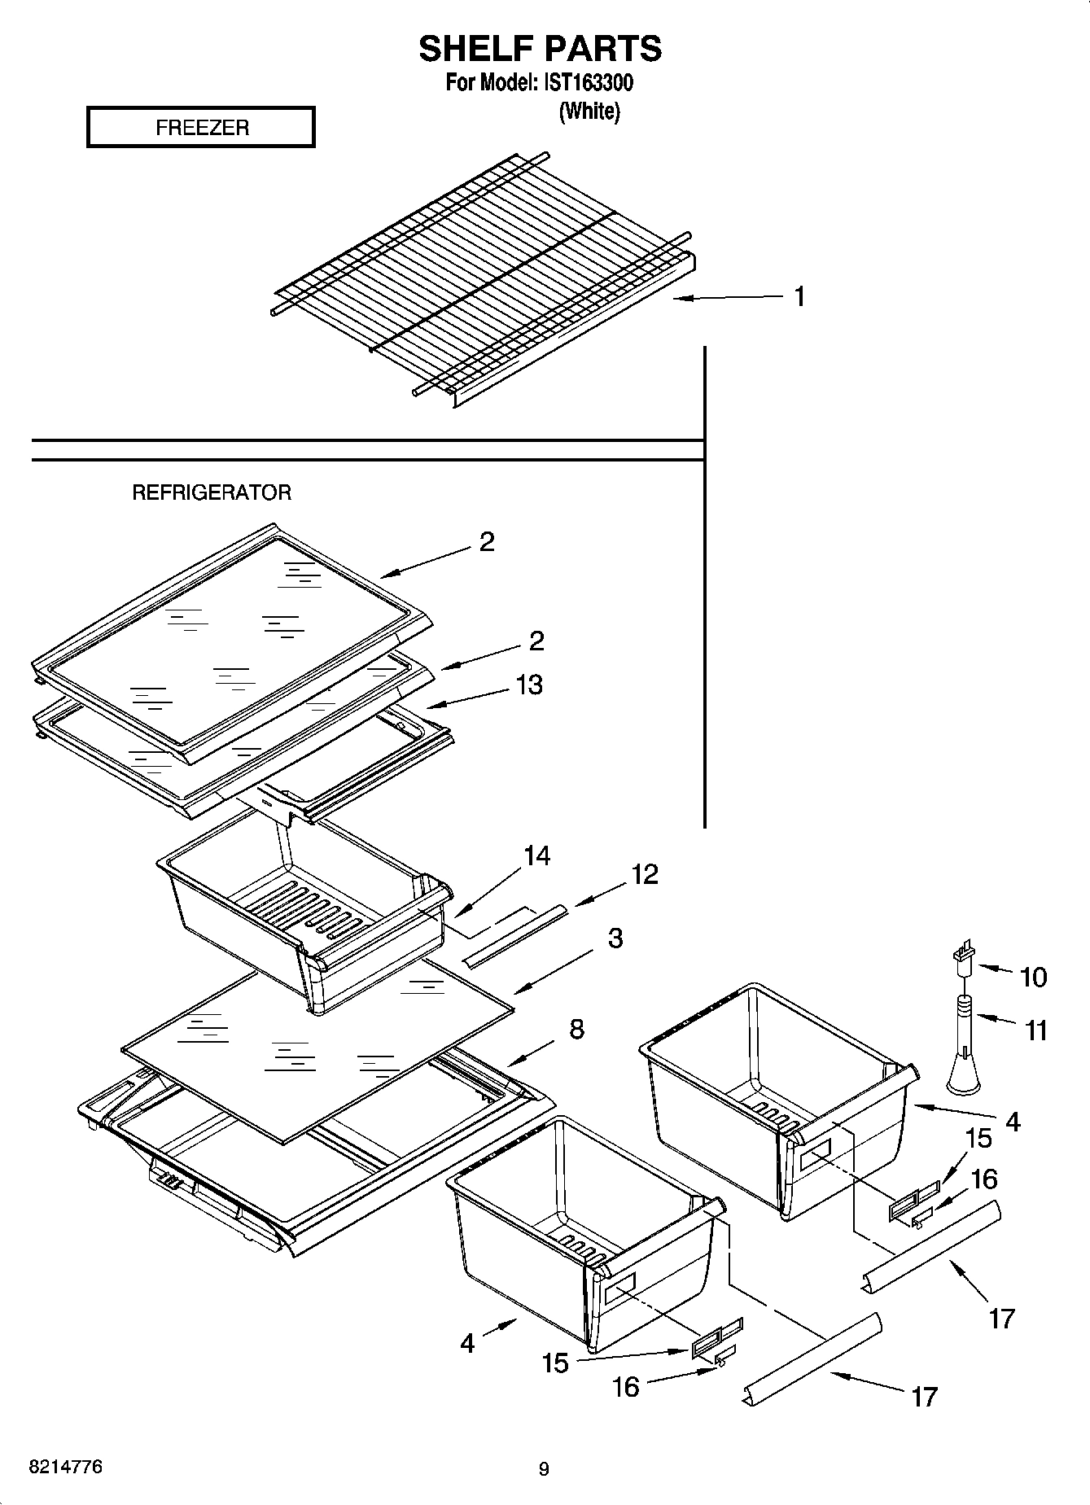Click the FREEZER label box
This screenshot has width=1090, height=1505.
click(x=200, y=128)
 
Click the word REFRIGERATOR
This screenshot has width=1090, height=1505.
click(x=212, y=492)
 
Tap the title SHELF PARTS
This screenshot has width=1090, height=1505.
click(x=540, y=49)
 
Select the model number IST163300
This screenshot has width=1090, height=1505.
click(x=589, y=83)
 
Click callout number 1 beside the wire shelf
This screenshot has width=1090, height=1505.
click(x=799, y=297)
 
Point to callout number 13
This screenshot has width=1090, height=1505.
click(x=529, y=685)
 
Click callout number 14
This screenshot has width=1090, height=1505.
click(x=536, y=855)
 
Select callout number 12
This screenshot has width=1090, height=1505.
click(x=644, y=874)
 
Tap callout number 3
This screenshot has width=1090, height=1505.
click(x=615, y=938)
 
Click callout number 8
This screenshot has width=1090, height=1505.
click(x=576, y=1030)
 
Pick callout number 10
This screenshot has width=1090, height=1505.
click(x=1033, y=977)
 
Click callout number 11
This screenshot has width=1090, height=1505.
click(x=1035, y=1031)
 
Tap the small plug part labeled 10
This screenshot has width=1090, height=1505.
click(x=964, y=957)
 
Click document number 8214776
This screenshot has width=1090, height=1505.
click(x=66, y=1468)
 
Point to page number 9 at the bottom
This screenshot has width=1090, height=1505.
click(x=544, y=1469)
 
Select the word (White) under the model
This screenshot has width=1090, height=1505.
click(x=589, y=112)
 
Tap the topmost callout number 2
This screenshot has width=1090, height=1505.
click(x=487, y=542)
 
